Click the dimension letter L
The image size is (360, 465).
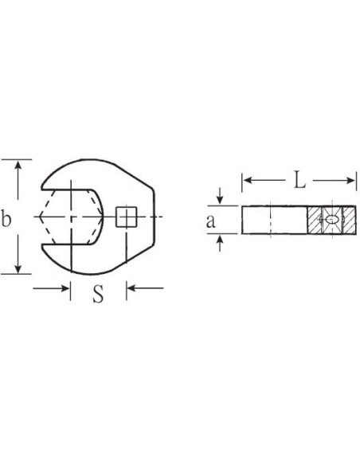[299, 180]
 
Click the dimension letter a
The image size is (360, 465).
[210, 221]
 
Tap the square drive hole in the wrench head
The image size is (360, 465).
[126, 217]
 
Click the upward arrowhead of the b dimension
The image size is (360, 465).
[18, 165]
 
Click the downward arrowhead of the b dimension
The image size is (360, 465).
[18, 268]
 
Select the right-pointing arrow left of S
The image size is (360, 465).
[51, 288]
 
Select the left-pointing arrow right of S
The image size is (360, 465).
[145, 288]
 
